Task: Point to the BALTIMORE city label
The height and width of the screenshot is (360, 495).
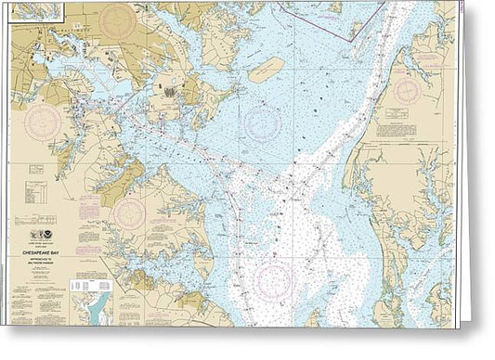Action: [x=79, y=29]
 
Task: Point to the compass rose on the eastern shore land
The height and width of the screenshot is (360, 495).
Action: [x=407, y=91]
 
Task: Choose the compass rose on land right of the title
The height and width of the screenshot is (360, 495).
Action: [x=128, y=215]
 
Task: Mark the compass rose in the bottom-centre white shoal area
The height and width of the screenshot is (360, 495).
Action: [x=275, y=280]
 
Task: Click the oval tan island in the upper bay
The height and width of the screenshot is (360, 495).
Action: [x=266, y=68]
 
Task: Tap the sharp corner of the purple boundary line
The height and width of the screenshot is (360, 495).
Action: [x=351, y=38]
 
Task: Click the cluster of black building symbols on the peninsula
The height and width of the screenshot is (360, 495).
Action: [x=170, y=89]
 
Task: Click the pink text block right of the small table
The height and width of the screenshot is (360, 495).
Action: [x=61, y=171]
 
